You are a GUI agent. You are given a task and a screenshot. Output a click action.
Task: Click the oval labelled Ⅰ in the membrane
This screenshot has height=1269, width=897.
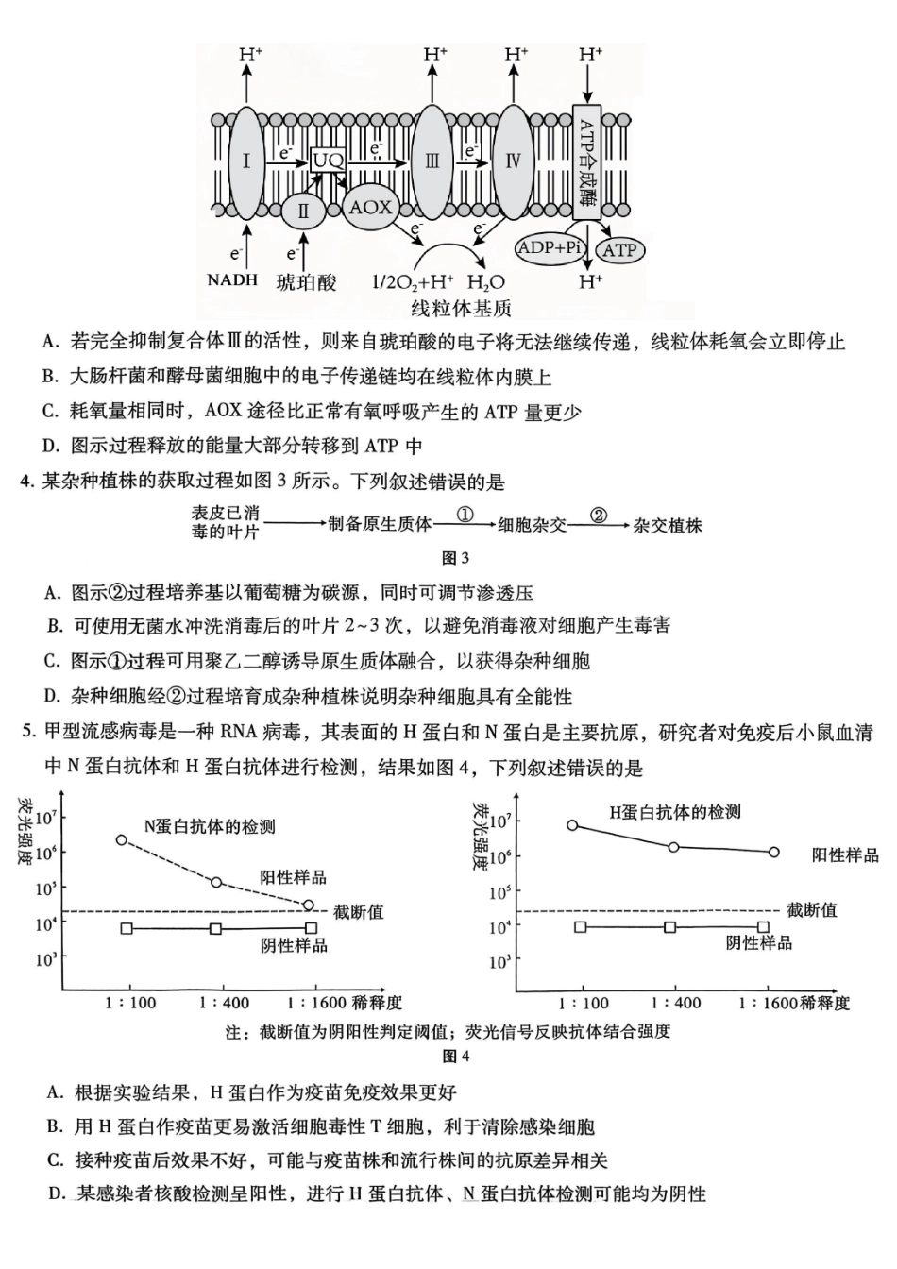245,161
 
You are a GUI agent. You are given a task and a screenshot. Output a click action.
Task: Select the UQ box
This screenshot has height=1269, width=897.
329,160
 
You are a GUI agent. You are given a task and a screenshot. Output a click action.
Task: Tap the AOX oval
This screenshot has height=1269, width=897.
370,206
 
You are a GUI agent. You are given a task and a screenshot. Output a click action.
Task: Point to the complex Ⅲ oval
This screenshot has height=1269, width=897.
432,161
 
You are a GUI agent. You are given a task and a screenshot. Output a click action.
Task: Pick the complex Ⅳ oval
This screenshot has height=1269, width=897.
514,161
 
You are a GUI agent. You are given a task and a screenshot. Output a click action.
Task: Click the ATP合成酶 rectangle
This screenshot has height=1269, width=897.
587,163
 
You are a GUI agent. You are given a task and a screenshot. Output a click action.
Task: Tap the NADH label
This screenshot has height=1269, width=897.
232,280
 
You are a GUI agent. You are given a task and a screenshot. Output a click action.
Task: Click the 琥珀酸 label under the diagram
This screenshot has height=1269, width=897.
306,281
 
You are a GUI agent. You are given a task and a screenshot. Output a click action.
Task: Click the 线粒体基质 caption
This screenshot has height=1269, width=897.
462,307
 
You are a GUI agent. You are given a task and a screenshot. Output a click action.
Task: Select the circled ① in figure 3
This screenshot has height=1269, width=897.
465,515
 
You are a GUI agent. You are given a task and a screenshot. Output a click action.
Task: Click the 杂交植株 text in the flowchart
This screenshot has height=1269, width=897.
669,525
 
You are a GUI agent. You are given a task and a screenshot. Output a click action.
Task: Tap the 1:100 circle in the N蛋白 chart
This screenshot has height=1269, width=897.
122,839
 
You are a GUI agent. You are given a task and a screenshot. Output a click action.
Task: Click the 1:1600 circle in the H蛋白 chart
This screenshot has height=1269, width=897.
774,852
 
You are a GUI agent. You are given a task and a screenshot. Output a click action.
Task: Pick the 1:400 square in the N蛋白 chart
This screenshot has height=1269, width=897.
216,929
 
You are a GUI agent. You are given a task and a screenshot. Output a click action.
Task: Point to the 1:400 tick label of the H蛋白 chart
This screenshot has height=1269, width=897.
672,1004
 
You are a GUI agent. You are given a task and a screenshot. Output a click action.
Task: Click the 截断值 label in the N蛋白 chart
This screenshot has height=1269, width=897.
359,912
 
